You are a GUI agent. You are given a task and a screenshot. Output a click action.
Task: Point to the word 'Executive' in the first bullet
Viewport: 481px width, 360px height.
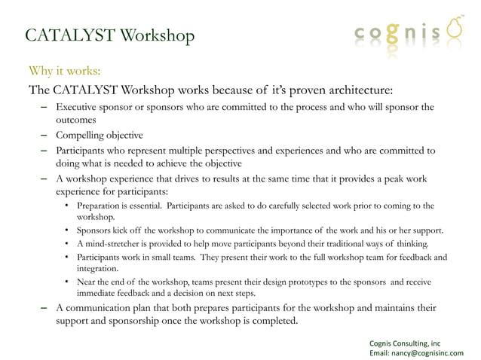(78, 107)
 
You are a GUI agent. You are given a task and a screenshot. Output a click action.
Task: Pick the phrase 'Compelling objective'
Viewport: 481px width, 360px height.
(99, 136)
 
